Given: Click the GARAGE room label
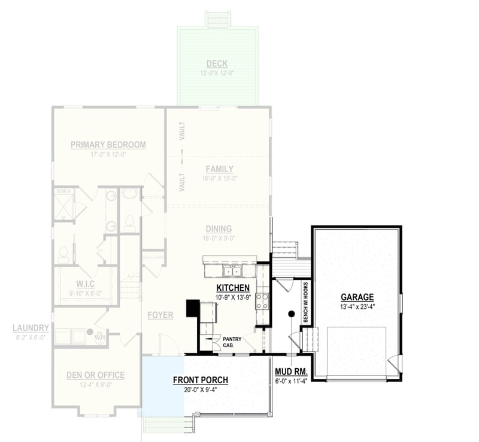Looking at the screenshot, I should pos(357,297).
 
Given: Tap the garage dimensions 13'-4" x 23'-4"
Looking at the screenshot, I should pos(357,306).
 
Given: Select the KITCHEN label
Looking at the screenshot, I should pos(233,288).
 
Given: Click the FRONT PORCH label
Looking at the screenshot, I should pos(200,380).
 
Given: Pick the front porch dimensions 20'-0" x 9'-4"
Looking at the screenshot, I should pos(200,389).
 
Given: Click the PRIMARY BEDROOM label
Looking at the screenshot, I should pos(108,145).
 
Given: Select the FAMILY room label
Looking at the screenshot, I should pos(219,169).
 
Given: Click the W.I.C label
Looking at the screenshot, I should pos(86,283).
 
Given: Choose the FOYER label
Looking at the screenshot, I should pos(160,315).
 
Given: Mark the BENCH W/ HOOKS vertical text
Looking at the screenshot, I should pos(305,303).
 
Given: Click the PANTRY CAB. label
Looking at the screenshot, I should pos(231,342).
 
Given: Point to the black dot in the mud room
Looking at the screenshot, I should pos(291,314).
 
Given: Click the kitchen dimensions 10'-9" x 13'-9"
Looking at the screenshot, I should pos(233,297).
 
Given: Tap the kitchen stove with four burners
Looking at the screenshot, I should pos(262,301).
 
